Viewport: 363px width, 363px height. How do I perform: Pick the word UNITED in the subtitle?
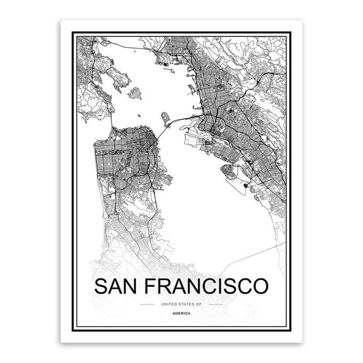(165, 303)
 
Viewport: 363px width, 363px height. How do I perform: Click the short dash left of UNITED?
(146, 303)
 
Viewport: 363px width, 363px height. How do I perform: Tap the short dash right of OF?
(216, 303)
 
